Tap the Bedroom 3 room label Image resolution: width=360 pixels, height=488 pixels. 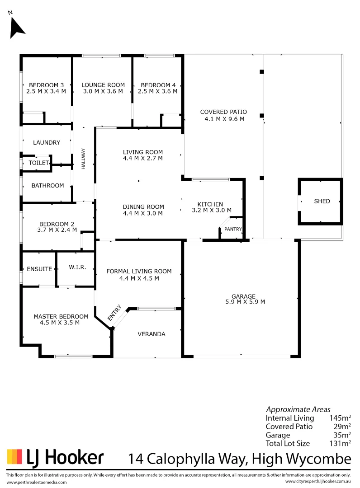(x=46, y=85)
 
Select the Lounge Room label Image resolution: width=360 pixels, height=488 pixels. (x=103, y=85)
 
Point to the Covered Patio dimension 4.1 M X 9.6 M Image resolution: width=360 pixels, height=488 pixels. (x=224, y=119)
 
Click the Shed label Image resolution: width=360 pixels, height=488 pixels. (x=322, y=201)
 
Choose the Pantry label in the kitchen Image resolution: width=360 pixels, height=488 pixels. (x=233, y=229)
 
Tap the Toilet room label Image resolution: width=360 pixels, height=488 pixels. (x=38, y=163)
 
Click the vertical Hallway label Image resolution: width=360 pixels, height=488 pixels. (x=84, y=159)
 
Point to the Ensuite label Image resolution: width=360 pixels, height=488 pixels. (x=40, y=268)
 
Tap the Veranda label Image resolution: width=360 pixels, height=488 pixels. (x=152, y=334)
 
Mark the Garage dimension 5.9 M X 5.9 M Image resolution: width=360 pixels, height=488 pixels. (x=245, y=302)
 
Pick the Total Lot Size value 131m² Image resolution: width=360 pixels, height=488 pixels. (x=341, y=443)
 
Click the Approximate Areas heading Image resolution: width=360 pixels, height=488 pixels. (x=298, y=409)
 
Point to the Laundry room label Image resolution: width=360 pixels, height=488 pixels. (x=47, y=143)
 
